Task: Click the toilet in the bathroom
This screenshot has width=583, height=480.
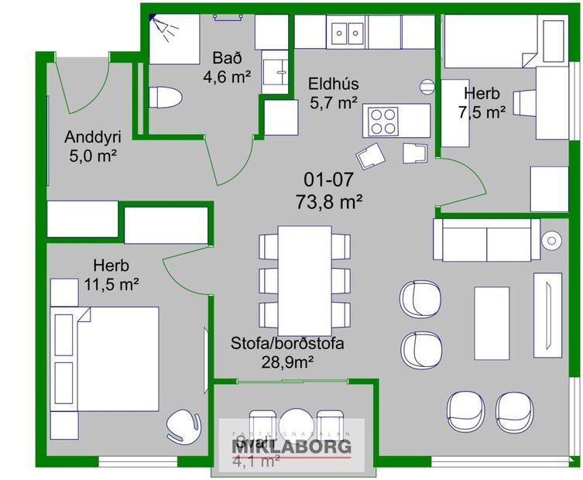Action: [x=164, y=98]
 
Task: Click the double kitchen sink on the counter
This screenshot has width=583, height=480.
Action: [x=349, y=33]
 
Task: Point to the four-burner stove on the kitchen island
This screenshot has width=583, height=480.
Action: [x=383, y=121]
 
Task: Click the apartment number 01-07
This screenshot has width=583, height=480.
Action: [x=328, y=180]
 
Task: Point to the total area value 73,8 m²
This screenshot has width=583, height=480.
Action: [x=329, y=202]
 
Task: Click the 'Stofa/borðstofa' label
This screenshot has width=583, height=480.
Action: [x=287, y=343]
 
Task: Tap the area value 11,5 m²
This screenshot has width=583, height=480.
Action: [x=111, y=283]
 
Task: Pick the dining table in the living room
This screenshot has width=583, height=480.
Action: [x=304, y=279]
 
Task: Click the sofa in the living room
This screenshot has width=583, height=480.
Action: [x=486, y=239]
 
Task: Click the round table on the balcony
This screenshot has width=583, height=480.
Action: [x=295, y=424]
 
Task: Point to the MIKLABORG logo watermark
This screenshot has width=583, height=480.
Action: [x=292, y=446]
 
